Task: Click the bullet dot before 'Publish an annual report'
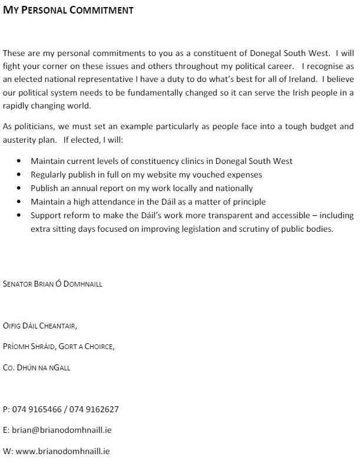20,188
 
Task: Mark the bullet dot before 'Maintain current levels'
20,161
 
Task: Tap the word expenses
241,175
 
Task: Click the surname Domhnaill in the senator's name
82,284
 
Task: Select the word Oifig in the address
12,326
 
